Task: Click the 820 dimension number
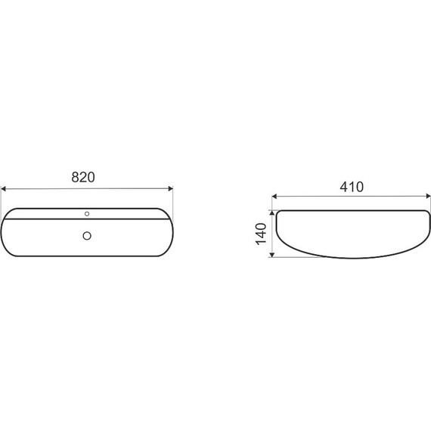(83, 177)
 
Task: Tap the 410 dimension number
(352, 187)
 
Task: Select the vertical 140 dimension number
(261, 234)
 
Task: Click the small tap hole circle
(87, 213)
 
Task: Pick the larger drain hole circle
(87, 236)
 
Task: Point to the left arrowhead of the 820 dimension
(3, 189)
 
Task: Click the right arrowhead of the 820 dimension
(171, 188)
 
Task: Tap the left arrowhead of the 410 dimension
(274, 197)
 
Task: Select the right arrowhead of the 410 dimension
(428, 197)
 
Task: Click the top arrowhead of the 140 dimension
(272, 212)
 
